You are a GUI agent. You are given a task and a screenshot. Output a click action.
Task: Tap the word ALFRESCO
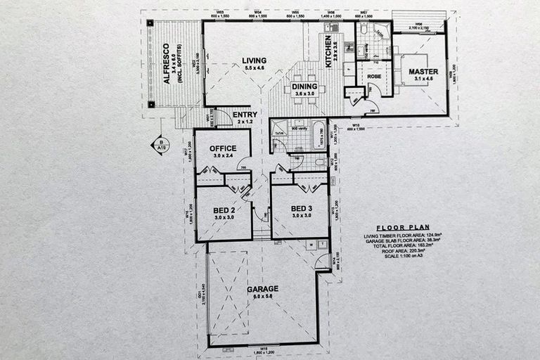click(x=167, y=63)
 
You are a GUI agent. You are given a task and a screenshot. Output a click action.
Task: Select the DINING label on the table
click(x=305, y=86)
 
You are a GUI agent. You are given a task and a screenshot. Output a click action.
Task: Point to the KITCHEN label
click(x=328, y=51)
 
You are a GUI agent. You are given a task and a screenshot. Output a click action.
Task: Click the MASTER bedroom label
click(x=424, y=72)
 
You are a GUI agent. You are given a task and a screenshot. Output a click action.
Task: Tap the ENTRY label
click(x=246, y=114)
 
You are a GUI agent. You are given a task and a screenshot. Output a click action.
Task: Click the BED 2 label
click(x=223, y=209)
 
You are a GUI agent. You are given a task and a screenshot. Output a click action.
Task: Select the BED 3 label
click(x=300, y=209)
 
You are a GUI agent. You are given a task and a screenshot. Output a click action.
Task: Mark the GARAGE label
click(x=262, y=288)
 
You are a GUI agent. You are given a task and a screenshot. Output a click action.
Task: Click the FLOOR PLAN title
click(x=398, y=227)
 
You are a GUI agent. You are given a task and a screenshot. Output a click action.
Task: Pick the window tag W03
click(x=220, y=12)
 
